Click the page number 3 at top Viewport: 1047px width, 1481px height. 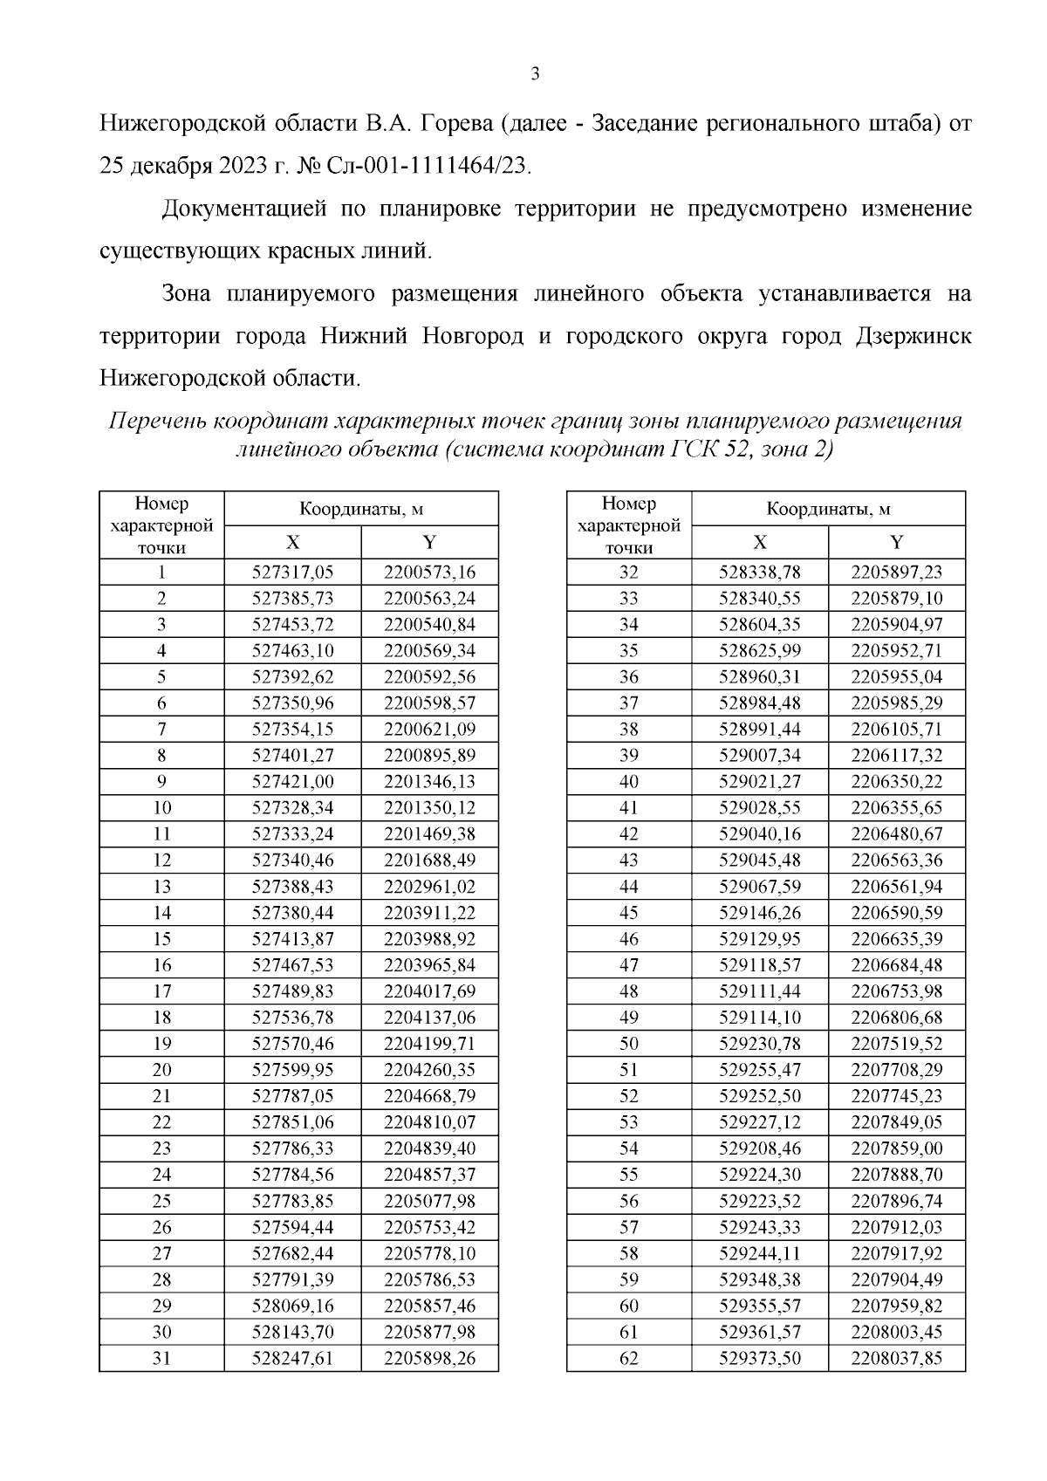(535, 74)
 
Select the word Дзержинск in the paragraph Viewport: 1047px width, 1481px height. (911, 336)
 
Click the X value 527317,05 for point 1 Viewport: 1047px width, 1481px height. (292, 573)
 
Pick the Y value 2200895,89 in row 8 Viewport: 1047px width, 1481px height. (429, 756)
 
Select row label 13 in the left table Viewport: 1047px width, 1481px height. (161, 887)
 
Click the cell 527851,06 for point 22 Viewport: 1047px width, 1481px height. (292, 1122)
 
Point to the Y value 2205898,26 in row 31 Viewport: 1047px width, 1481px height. (429, 1358)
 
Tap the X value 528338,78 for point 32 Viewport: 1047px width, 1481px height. (759, 573)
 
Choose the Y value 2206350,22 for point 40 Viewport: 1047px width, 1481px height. (896, 782)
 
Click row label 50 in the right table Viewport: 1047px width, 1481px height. (628, 1044)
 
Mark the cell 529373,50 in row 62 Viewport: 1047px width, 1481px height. (759, 1358)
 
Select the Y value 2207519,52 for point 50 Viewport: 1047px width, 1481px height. (896, 1044)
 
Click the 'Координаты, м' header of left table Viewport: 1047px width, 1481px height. (361, 510)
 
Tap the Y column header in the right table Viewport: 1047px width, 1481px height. (896, 542)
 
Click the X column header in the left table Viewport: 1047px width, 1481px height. (292, 542)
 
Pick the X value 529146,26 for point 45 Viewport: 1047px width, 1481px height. (759, 913)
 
